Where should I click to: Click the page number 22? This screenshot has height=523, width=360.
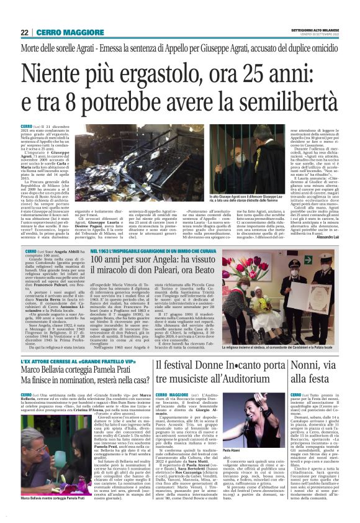[x=24, y=32]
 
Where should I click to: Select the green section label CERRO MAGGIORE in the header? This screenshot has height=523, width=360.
[x=65, y=32]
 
